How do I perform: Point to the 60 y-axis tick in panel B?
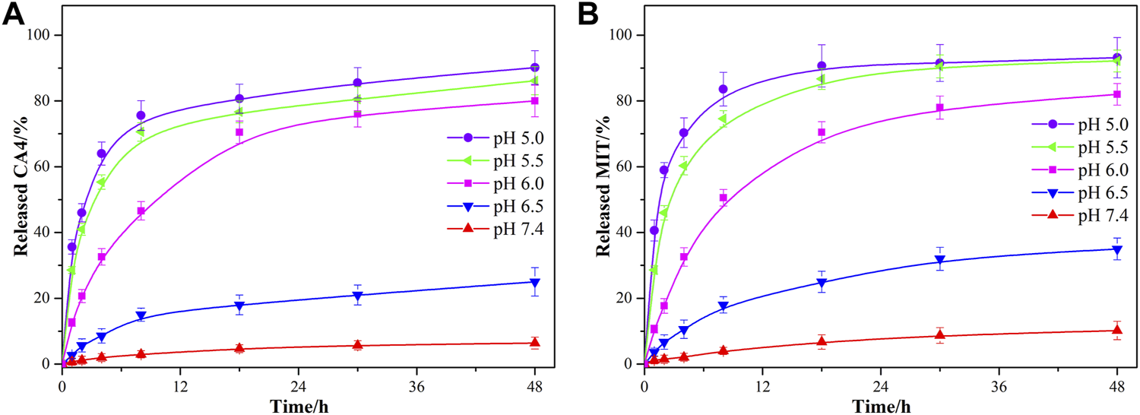[x=628, y=167]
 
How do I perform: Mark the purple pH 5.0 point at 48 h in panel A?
[x=535, y=68]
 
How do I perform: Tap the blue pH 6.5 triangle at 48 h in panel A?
[x=535, y=283]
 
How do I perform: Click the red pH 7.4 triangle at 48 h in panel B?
[x=1117, y=330]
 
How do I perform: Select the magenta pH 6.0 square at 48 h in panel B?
[x=1117, y=94]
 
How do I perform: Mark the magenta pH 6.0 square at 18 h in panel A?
[x=239, y=132]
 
